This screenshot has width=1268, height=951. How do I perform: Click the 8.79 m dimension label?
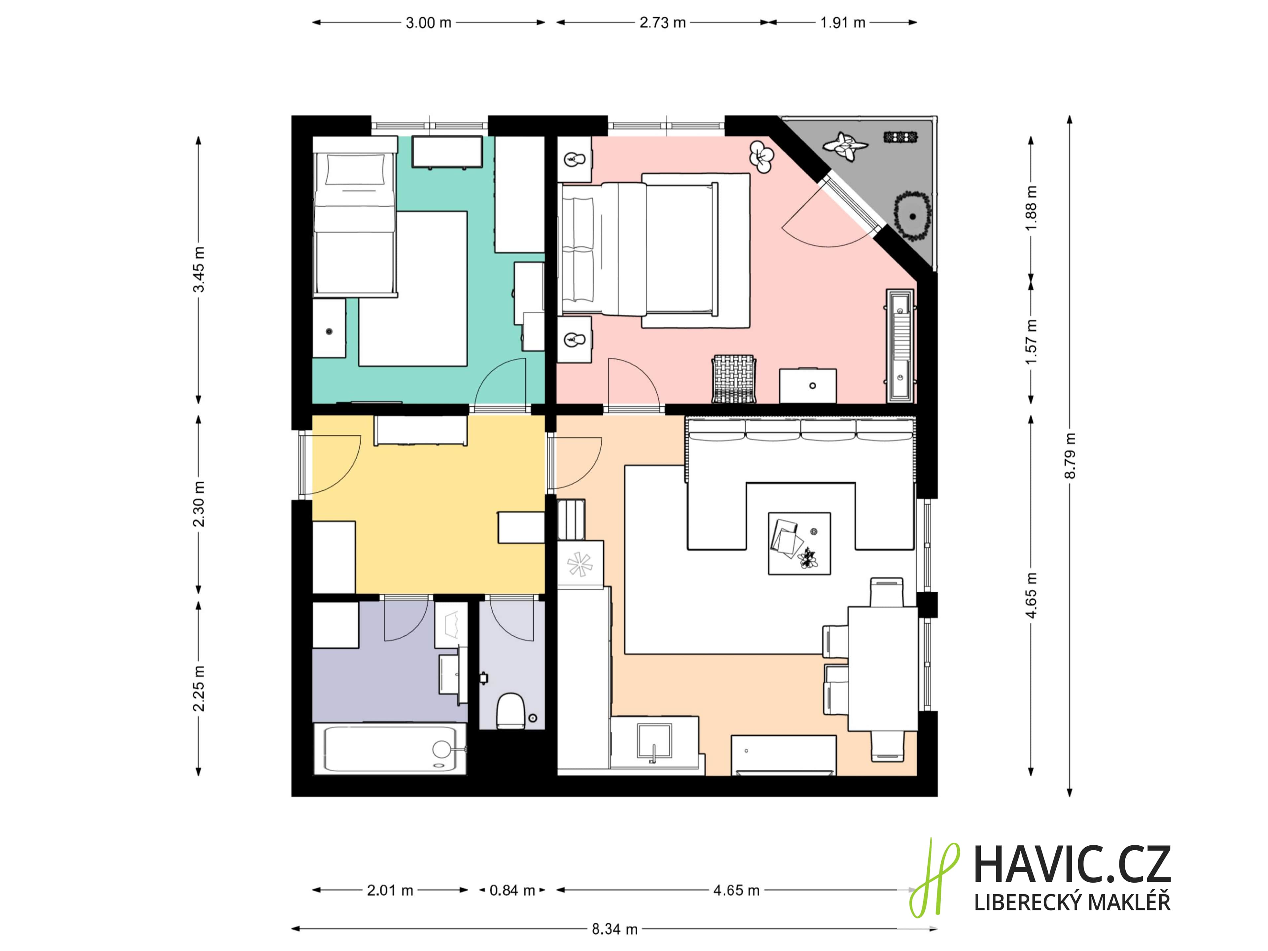[1070, 456]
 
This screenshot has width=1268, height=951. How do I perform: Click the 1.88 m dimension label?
[1031, 208]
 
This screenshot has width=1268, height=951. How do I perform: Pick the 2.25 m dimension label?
[198, 688]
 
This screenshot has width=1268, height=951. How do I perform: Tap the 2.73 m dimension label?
[663, 23]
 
